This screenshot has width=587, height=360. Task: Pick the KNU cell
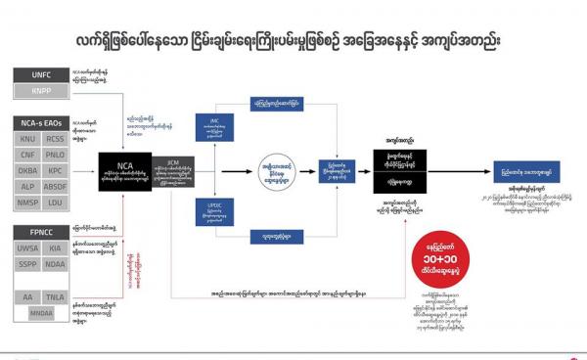click(x=26, y=138)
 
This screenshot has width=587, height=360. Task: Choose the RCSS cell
click(x=54, y=138)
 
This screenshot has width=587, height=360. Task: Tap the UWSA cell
click(x=26, y=250)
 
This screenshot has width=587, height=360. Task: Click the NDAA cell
click(x=54, y=265)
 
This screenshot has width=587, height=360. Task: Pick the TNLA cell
click(x=54, y=296)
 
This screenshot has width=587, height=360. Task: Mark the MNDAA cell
click(x=41, y=313)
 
